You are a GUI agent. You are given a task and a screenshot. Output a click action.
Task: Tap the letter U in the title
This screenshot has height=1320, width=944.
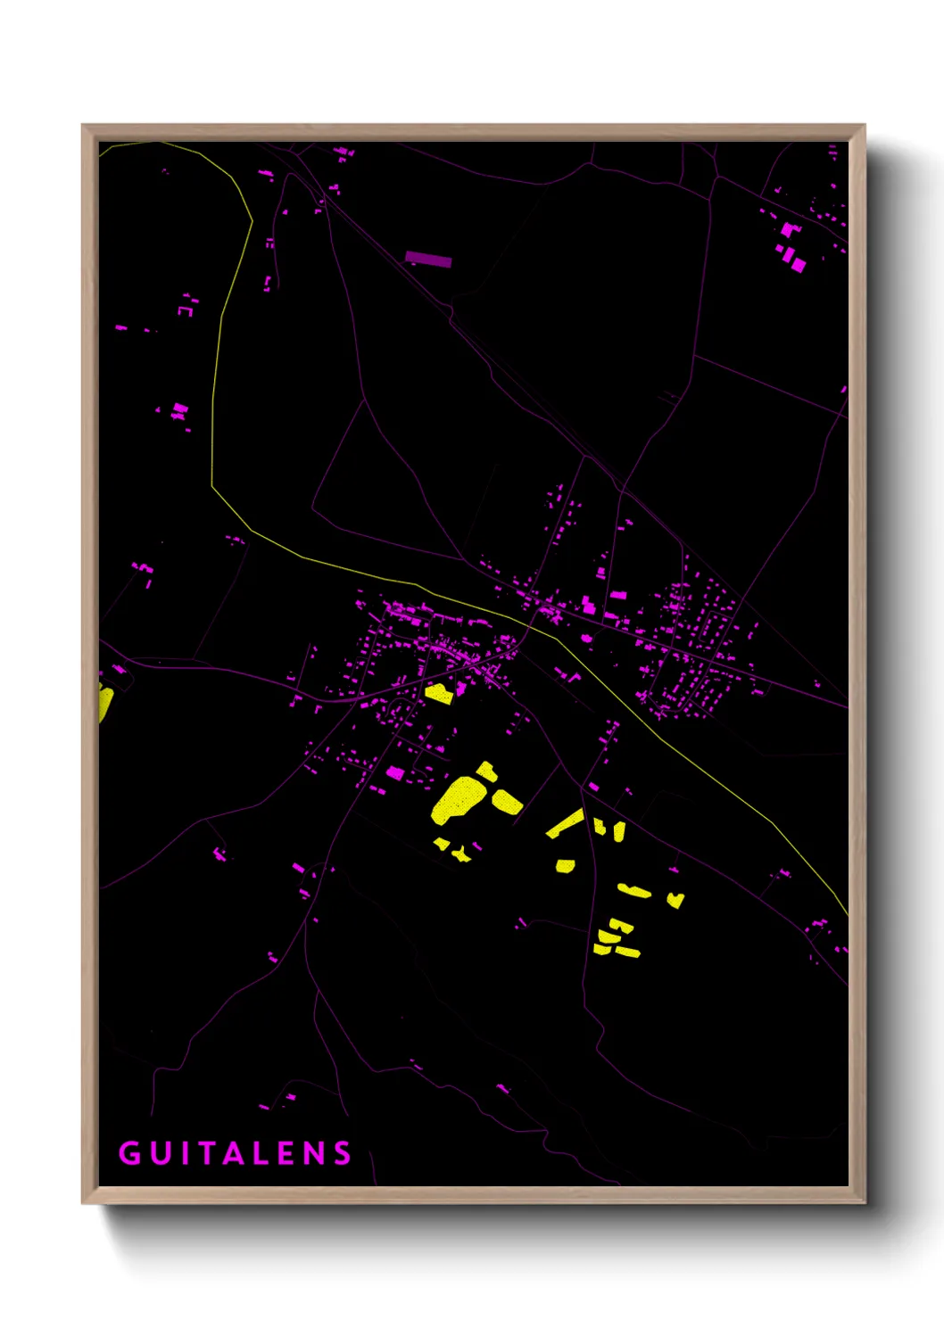(x=158, y=1153)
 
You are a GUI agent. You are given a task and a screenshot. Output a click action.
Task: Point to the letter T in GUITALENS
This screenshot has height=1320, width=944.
(x=202, y=1153)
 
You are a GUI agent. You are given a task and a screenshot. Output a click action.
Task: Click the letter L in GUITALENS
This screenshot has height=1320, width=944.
(x=258, y=1153)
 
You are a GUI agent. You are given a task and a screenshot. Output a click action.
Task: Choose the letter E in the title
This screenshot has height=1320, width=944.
(x=285, y=1153)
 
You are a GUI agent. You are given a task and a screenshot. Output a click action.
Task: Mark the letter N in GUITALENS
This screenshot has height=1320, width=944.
(x=313, y=1153)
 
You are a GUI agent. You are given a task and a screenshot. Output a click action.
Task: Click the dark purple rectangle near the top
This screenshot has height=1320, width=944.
(x=428, y=260)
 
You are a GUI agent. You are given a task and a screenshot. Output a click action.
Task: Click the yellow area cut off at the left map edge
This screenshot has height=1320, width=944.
(x=104, y=701)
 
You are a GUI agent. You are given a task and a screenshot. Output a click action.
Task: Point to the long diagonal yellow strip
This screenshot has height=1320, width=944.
(x=565, y=823)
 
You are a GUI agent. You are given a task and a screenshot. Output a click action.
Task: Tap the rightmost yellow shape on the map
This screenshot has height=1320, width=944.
(x=675, y=900)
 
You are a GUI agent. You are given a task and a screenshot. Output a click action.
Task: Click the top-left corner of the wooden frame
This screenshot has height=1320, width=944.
(x=83, y=126)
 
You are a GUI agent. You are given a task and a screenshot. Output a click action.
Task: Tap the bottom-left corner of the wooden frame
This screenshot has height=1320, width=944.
(x=83, y=1202)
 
